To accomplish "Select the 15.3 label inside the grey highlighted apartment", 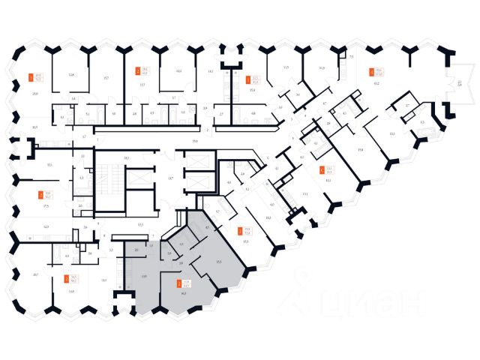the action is [217, 260].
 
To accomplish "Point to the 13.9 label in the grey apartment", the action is [143, 277].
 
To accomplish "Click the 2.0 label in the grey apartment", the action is [136, 249].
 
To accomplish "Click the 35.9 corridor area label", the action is [194, 141].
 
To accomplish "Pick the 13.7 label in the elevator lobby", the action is [171, 177].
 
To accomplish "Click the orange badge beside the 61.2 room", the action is [371, 73].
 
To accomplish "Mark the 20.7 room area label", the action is [35, 274].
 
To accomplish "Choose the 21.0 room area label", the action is [35, 94].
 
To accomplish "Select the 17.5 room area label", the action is [46, 205].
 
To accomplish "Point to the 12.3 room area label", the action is [46, 226].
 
